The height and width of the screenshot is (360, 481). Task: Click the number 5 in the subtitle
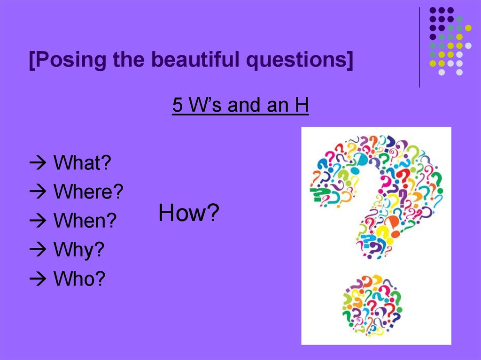tap(177, 106)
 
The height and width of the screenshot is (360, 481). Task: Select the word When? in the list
tap(85, 221)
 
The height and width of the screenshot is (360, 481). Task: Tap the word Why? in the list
tap(78, 250)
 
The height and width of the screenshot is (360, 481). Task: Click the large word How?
tap(189, 214)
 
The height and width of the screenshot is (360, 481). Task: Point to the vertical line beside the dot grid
tap(419, 47)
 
